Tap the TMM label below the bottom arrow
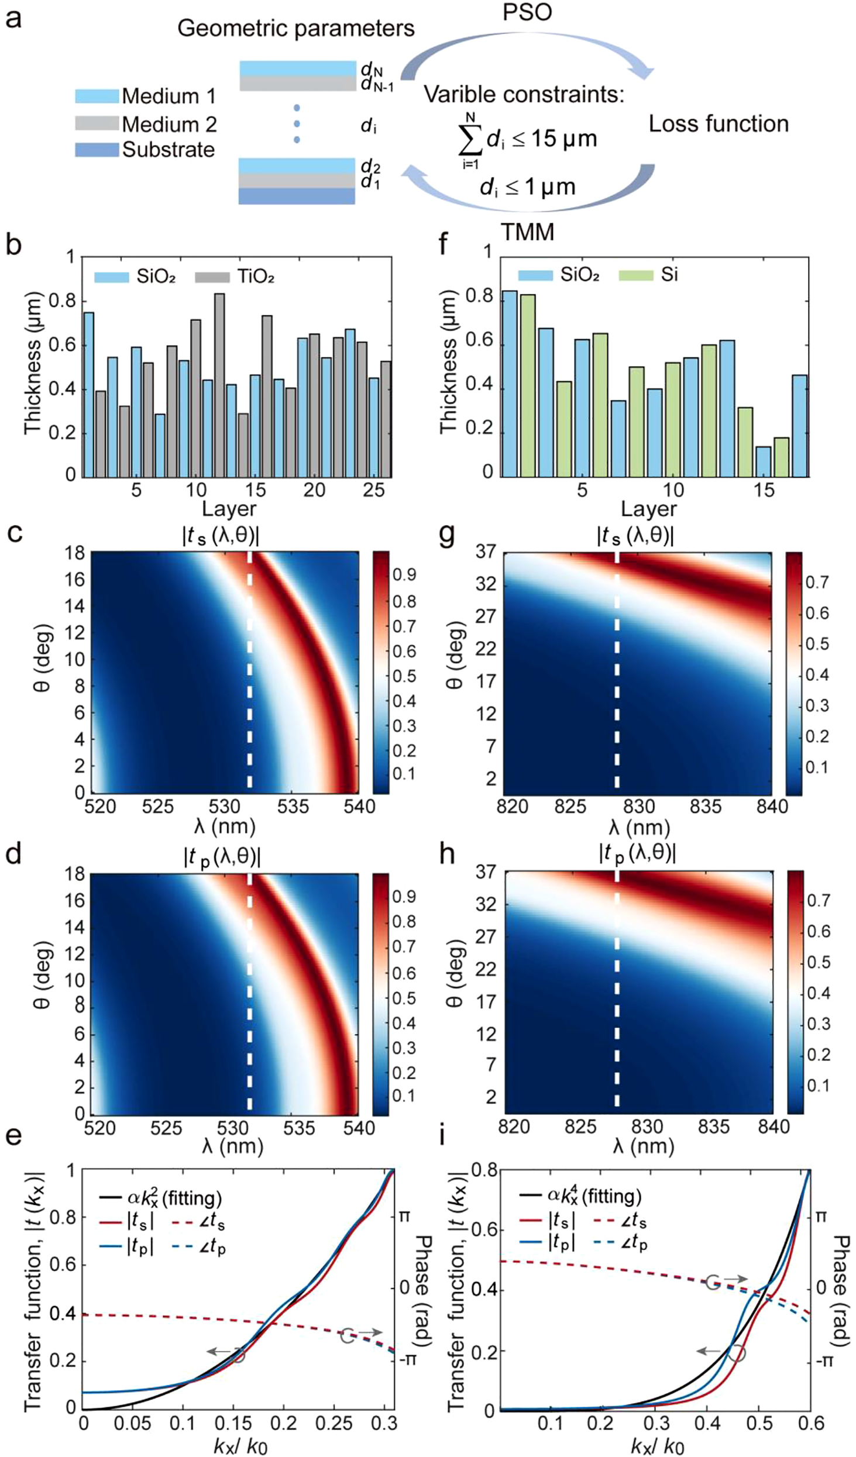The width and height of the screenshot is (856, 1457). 527,232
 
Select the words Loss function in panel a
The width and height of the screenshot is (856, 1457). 719,124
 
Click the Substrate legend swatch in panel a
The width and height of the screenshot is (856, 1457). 97,150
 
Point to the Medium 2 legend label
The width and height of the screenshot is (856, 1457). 169,124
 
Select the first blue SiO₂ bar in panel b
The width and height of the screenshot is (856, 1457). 89,394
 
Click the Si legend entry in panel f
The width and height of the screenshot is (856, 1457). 669,274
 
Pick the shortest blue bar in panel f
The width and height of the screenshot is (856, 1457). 763,461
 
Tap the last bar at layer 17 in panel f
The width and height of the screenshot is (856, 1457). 799,425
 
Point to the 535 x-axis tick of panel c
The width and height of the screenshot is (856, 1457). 293,807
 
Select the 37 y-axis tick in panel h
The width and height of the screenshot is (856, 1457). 486,872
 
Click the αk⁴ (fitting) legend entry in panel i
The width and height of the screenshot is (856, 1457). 593,1196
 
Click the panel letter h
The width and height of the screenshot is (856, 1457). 447,854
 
